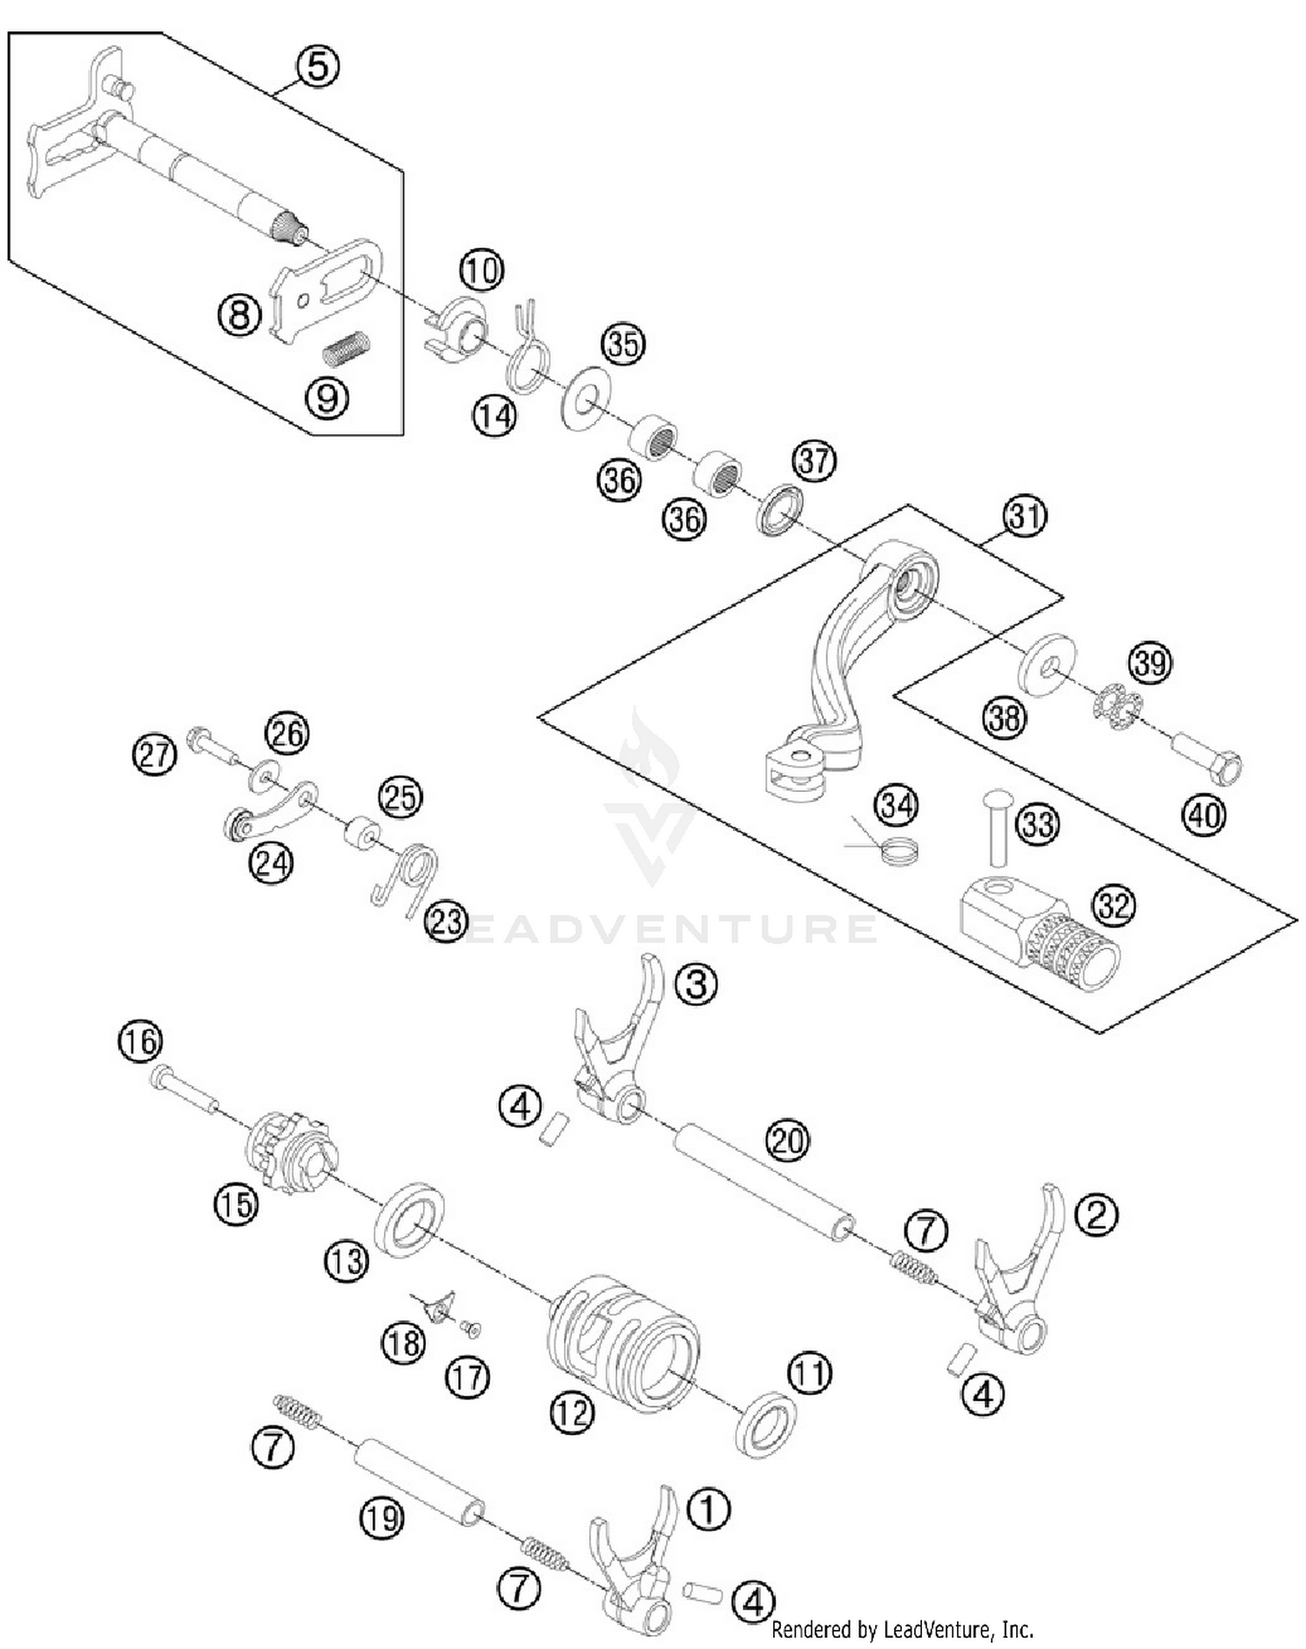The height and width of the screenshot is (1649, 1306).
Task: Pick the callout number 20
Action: click(787, 1140)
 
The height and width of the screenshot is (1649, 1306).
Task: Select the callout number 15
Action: click(236, 1204)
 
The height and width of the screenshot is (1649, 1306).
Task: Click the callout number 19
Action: click(381, 1518)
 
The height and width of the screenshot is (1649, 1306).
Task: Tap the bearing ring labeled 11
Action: click(766, 1425)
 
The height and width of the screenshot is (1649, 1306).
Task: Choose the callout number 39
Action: click(1149, 664)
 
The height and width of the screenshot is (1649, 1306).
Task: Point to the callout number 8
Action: click(239, 314)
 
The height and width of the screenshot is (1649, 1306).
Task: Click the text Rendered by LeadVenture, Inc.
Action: click(902, 1629)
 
